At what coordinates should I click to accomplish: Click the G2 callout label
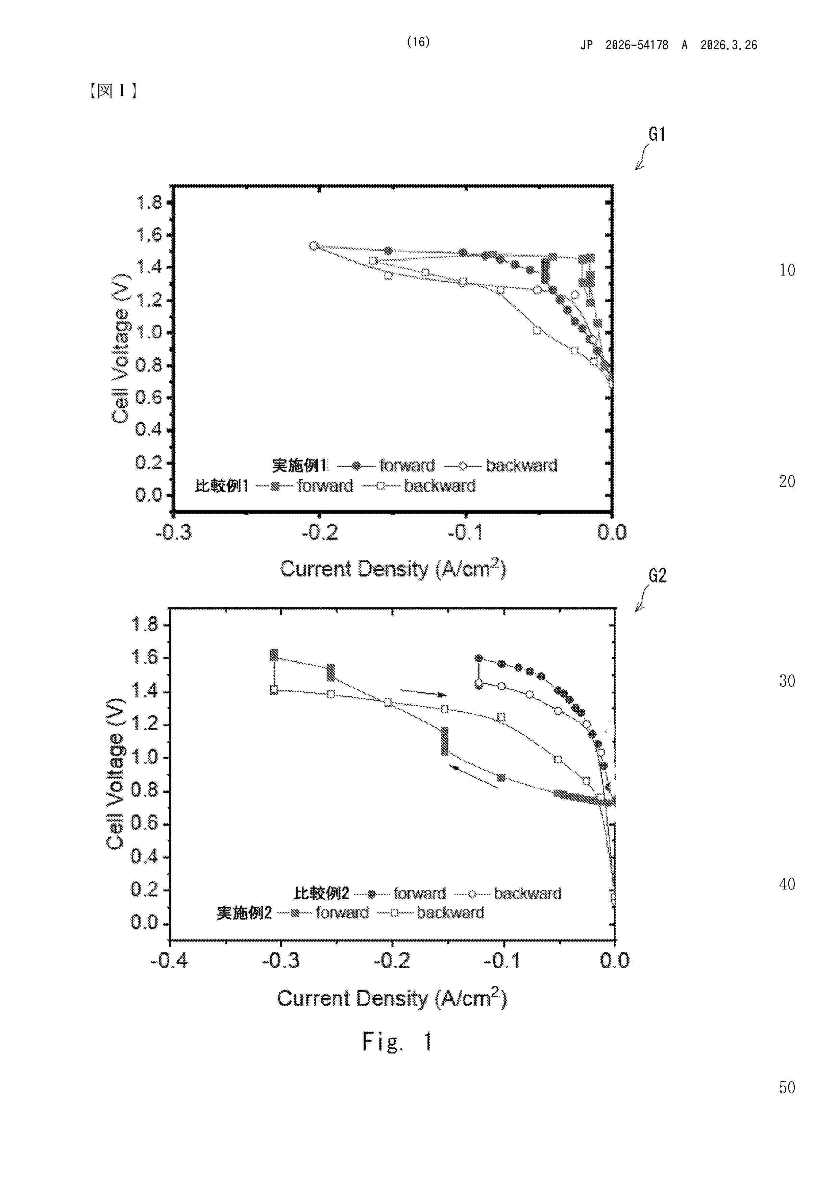point(657,575)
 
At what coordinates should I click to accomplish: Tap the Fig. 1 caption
point(397,1042)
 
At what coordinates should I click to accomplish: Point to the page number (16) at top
point(418,42)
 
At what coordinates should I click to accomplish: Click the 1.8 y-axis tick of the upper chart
point(149,203)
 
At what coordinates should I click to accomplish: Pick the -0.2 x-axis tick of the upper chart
point(320,532)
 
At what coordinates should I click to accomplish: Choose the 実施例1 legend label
point(299,466)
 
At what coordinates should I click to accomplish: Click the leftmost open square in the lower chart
point(274,690)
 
